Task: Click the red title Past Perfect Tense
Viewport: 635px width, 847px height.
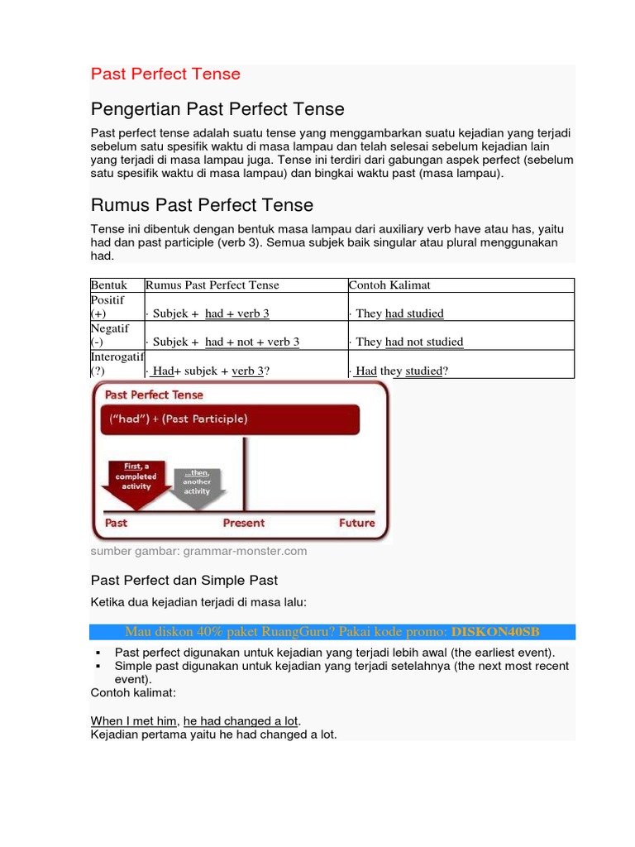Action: tap(165, 74)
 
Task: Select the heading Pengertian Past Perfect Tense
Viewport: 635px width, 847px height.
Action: tap(217, 109)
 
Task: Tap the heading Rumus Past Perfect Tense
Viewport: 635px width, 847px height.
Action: tap(202, 204)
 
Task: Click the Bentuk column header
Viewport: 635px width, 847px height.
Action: tap(109, 285)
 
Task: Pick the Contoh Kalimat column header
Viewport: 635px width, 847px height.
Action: tap(389, 285)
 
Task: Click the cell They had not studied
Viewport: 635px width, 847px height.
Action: tap(408, 342)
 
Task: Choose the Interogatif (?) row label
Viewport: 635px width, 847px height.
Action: tap(117, 364)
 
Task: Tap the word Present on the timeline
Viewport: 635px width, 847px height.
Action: tap(244, 523)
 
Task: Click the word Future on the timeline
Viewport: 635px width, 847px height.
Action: tap(356, 523)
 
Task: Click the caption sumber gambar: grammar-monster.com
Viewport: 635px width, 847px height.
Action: tap(198, 551)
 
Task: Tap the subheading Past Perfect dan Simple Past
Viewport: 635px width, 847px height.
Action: tap(184, 581)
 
